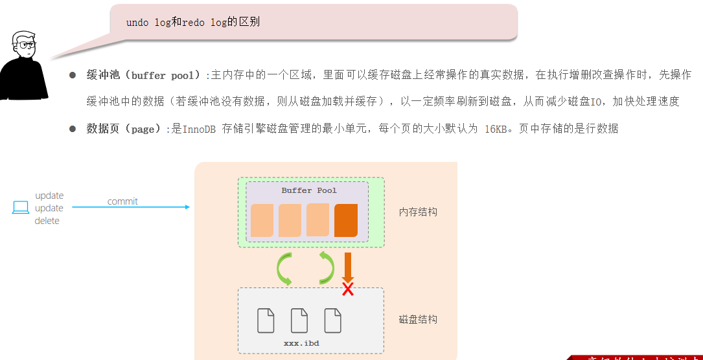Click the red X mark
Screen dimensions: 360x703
(x=348, y=289)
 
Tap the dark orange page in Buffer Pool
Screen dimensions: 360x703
(x=346, y=220)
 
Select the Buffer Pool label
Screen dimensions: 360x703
(x=309, y=190)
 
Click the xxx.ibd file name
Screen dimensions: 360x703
(x=301, y=343)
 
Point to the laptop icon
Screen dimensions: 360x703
(x=21, y=208)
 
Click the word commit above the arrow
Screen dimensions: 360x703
(x=122, y=201)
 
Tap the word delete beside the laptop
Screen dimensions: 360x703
(x=47, y=221)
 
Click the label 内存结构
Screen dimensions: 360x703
(x=418, y=212)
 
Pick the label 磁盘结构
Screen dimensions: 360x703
(x=418, y=319)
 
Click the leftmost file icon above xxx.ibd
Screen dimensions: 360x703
(x=266, y=321)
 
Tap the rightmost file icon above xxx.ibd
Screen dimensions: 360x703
(x=332, y=321)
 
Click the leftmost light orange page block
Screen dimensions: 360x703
(x=262, y=220)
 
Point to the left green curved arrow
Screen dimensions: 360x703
(x=284, y=269)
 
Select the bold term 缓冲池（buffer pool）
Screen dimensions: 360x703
(x=143, y=75)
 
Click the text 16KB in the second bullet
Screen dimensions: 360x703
(x=496, y=129)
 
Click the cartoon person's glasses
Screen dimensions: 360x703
(x=26, y=45)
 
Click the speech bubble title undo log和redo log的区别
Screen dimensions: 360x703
(x=193, y=22)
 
